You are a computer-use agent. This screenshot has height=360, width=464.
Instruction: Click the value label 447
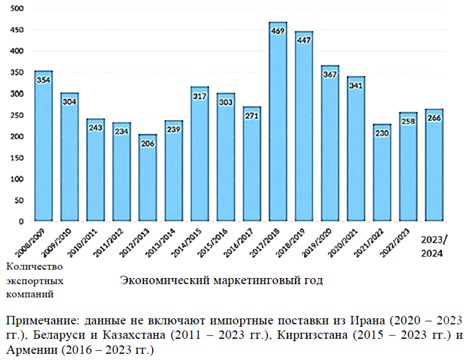304,40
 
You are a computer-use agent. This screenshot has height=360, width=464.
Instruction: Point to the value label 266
434,118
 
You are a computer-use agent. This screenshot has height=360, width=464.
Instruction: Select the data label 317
200,96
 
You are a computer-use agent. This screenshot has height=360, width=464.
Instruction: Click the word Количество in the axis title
34,267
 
